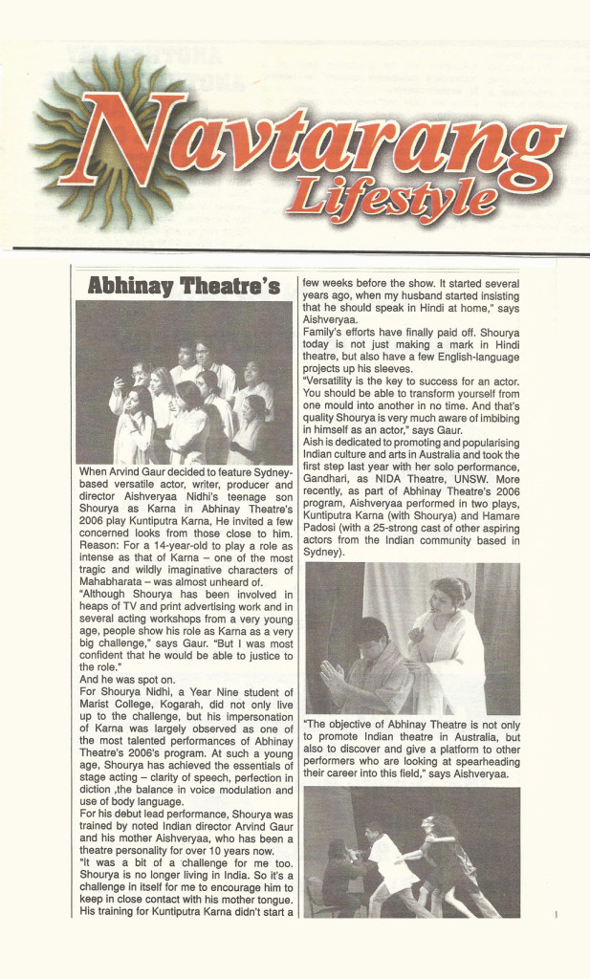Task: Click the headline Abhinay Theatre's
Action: coord(184,285)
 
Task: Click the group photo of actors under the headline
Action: coord(184,383)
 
